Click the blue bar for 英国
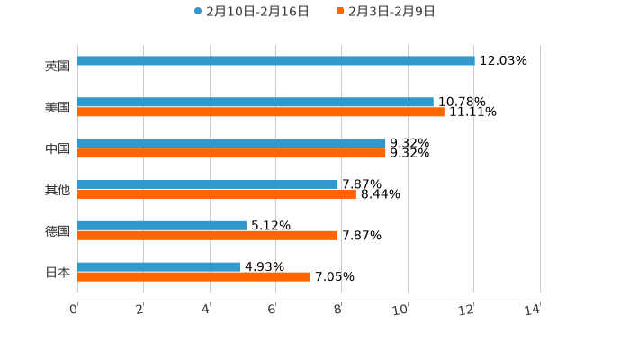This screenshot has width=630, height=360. click(x=275, y=61)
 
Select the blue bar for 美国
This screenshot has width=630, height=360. click(x=256, y=103)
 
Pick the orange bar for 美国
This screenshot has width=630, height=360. click(x=261, y=112)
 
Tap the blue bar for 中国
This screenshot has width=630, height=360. click(x=231, y=144)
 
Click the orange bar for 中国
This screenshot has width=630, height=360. click(x=231, y=154)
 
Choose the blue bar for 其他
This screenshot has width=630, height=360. click(x=207, y=184)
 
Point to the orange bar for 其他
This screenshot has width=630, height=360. click(x=217, y=194)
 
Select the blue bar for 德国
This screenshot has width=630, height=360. click(x=162, y=226)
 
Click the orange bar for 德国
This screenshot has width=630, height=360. click(x=207, y=236)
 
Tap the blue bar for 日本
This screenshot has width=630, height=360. click(x=158, y=267)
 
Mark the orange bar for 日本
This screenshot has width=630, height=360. click(x=193, y=277)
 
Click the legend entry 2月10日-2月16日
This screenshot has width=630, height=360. click(x=251, y=12)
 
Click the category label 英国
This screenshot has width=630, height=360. click(x=58, y=66)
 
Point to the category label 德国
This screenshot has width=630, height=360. click(x=58, y=230)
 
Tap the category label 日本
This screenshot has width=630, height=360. click(x=58, y=272)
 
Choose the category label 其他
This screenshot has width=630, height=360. click(x=58, y=190)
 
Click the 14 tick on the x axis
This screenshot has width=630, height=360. click(x=532, y=310)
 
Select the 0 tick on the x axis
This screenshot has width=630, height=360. click(x=75, y=310)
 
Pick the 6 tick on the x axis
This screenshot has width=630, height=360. click(x=272, y=310)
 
